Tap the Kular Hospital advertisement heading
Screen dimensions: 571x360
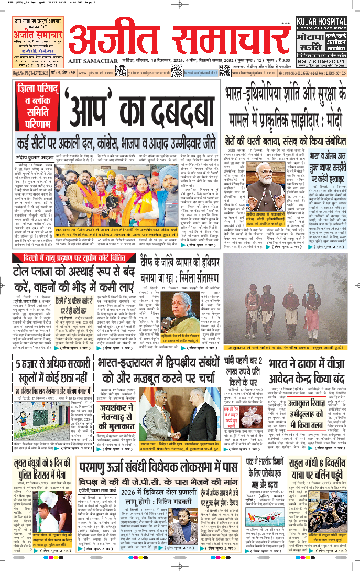pyautogui.click(x=322, y=24)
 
